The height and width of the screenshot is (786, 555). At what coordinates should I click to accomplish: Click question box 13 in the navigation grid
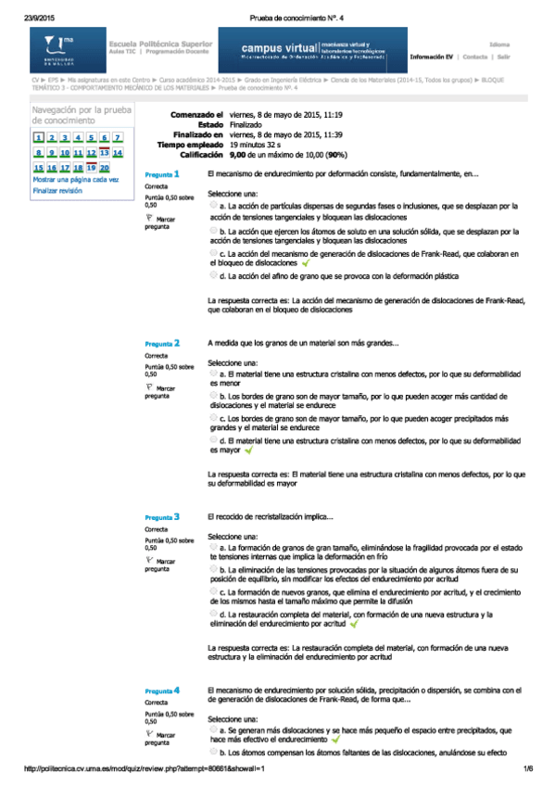pos(104,152)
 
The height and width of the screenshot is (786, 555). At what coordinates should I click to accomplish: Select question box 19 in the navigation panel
pos(91,168)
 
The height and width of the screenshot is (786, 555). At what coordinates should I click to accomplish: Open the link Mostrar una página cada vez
pos(76,180)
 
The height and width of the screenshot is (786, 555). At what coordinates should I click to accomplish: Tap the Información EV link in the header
pos(432,56)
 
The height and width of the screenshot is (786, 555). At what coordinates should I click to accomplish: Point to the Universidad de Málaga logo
pos(59,48)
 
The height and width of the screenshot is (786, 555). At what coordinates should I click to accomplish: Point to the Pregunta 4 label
pos(162,691)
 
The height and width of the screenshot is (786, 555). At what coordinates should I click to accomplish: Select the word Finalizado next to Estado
pos(246,124)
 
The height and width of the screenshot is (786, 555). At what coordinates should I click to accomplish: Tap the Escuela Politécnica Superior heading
pos(162,44)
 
